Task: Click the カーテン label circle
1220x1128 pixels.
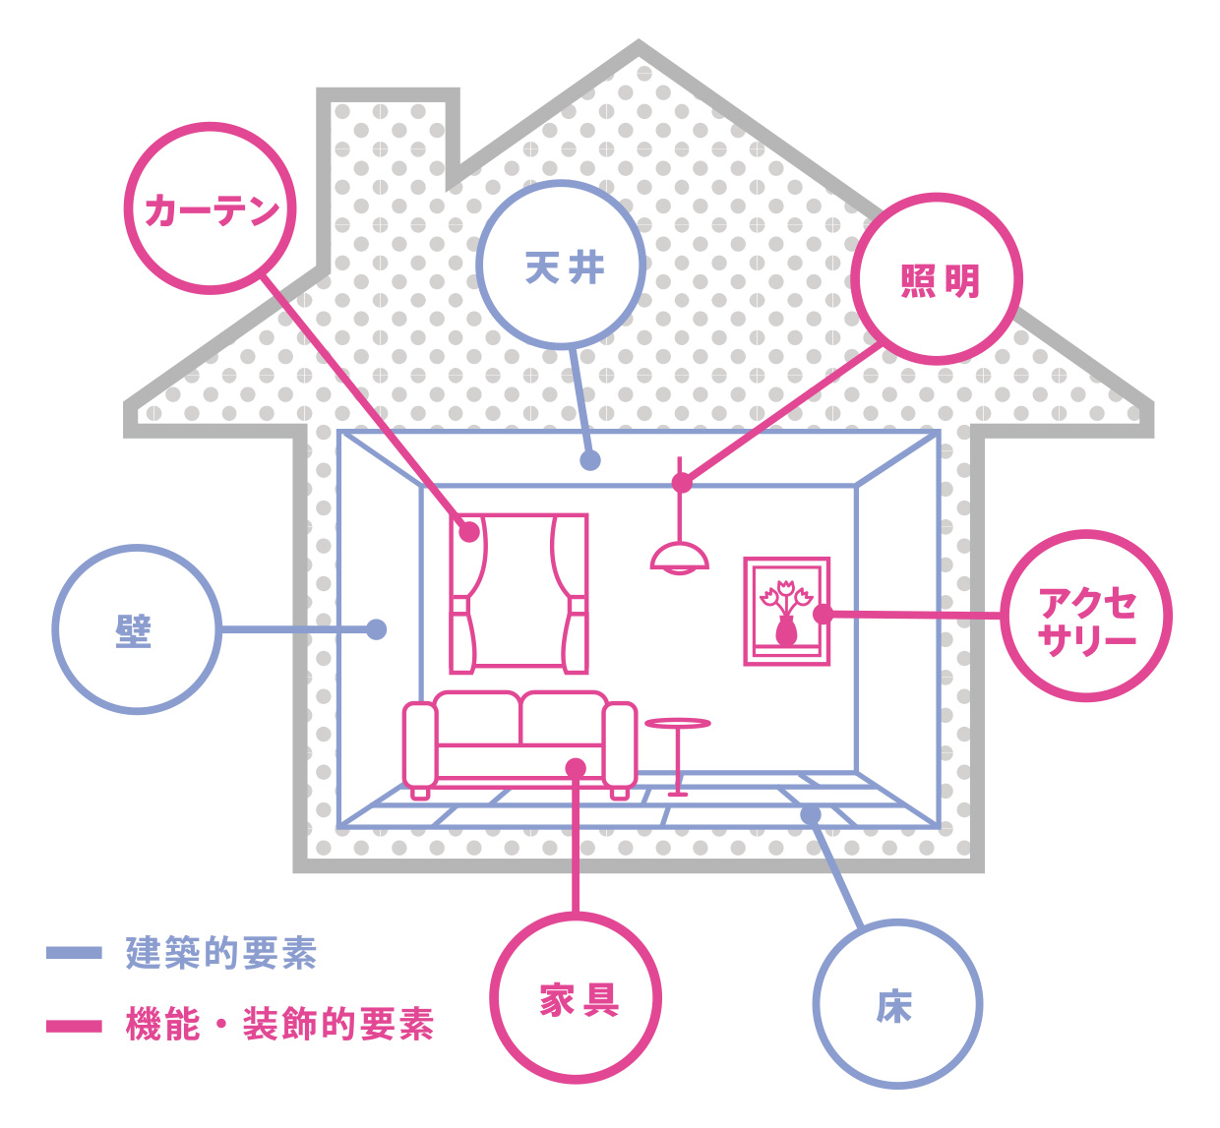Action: pos(211,208)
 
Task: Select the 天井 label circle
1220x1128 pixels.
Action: pos(562,266)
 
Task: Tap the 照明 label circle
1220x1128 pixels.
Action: pos(937,279)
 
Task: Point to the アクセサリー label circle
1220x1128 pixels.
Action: pos(1086,617)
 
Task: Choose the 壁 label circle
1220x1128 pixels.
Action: pos(137,629)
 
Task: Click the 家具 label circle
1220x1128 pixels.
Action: pos(576,998)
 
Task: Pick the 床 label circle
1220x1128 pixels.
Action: pos(897,1004)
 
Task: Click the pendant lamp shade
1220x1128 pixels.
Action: pos(679,558)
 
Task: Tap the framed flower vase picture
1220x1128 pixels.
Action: pos(786,611)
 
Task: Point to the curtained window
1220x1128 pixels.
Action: pos(518,593)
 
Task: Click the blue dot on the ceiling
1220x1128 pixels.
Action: pos(590,460)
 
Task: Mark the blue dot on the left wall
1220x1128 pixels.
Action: pos(376,629)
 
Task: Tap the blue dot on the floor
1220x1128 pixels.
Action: pos(811,814)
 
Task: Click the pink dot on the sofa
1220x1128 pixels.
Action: pos(576,768)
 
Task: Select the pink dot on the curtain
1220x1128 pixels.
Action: pos(469,532)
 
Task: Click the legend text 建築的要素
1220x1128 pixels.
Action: pos(221,953)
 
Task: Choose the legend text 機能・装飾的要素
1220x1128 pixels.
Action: pos(280,1025)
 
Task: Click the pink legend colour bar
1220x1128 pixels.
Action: pos(74,1026)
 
